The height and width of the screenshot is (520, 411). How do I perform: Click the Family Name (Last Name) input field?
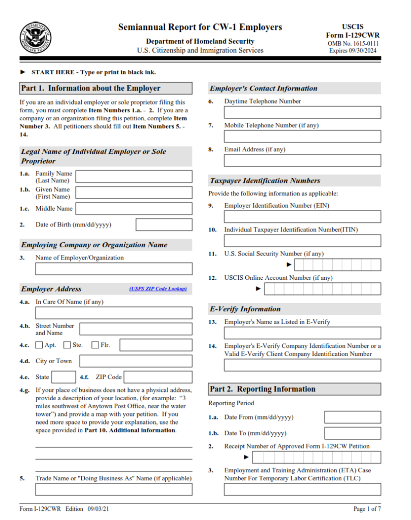(x=134, y=176)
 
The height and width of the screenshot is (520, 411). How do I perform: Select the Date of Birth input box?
(x=164, y=224)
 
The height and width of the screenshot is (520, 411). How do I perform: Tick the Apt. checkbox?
(x=39, y=345)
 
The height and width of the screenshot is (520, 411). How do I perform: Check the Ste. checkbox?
(x=67, y=345)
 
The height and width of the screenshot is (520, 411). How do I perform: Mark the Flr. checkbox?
(x=95, y=345)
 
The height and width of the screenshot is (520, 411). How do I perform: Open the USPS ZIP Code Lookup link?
(x=158, y=289)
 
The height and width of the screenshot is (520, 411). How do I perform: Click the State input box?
(x=64, y=377)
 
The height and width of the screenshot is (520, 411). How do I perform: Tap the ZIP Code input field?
(x=158, y=377)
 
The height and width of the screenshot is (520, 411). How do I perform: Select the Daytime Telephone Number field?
(x=302, y=112)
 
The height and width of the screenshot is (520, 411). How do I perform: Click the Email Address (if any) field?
(x=302, y=160)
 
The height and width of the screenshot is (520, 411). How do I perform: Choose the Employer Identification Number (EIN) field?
(x=302, y=217)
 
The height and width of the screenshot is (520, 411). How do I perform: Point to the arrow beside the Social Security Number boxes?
(x=289, y=265)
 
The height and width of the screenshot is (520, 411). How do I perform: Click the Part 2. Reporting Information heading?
(x=263, y=389)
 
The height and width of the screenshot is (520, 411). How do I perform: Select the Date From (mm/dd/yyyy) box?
(x=352, y=417)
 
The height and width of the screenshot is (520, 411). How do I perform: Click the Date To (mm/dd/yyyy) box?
(x=352, y=433)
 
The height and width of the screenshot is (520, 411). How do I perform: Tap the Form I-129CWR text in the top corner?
(x=353, y=36)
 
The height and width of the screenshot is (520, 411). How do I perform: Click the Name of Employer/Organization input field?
(x=113, y=269)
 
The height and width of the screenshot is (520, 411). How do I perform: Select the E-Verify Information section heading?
(x=245, y=309)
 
